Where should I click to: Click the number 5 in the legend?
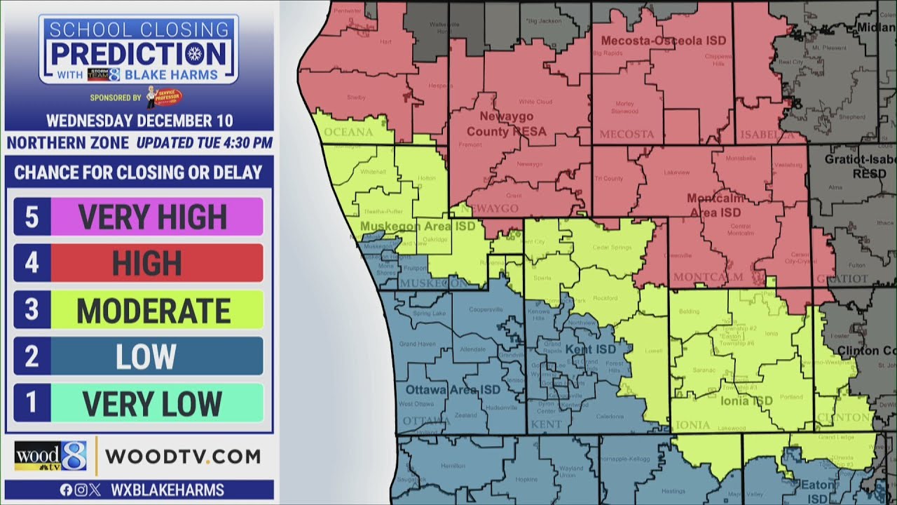32,217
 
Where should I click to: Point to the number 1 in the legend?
32,403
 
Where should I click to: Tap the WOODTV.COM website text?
183,457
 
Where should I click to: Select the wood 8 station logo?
50,457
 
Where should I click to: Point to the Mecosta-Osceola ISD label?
663,41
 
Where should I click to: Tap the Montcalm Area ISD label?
714,205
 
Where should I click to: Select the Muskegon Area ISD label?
417,226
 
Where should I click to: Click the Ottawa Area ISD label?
452,389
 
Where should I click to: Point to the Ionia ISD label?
746,400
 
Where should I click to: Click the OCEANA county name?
348,132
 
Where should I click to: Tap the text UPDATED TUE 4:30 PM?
205,143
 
